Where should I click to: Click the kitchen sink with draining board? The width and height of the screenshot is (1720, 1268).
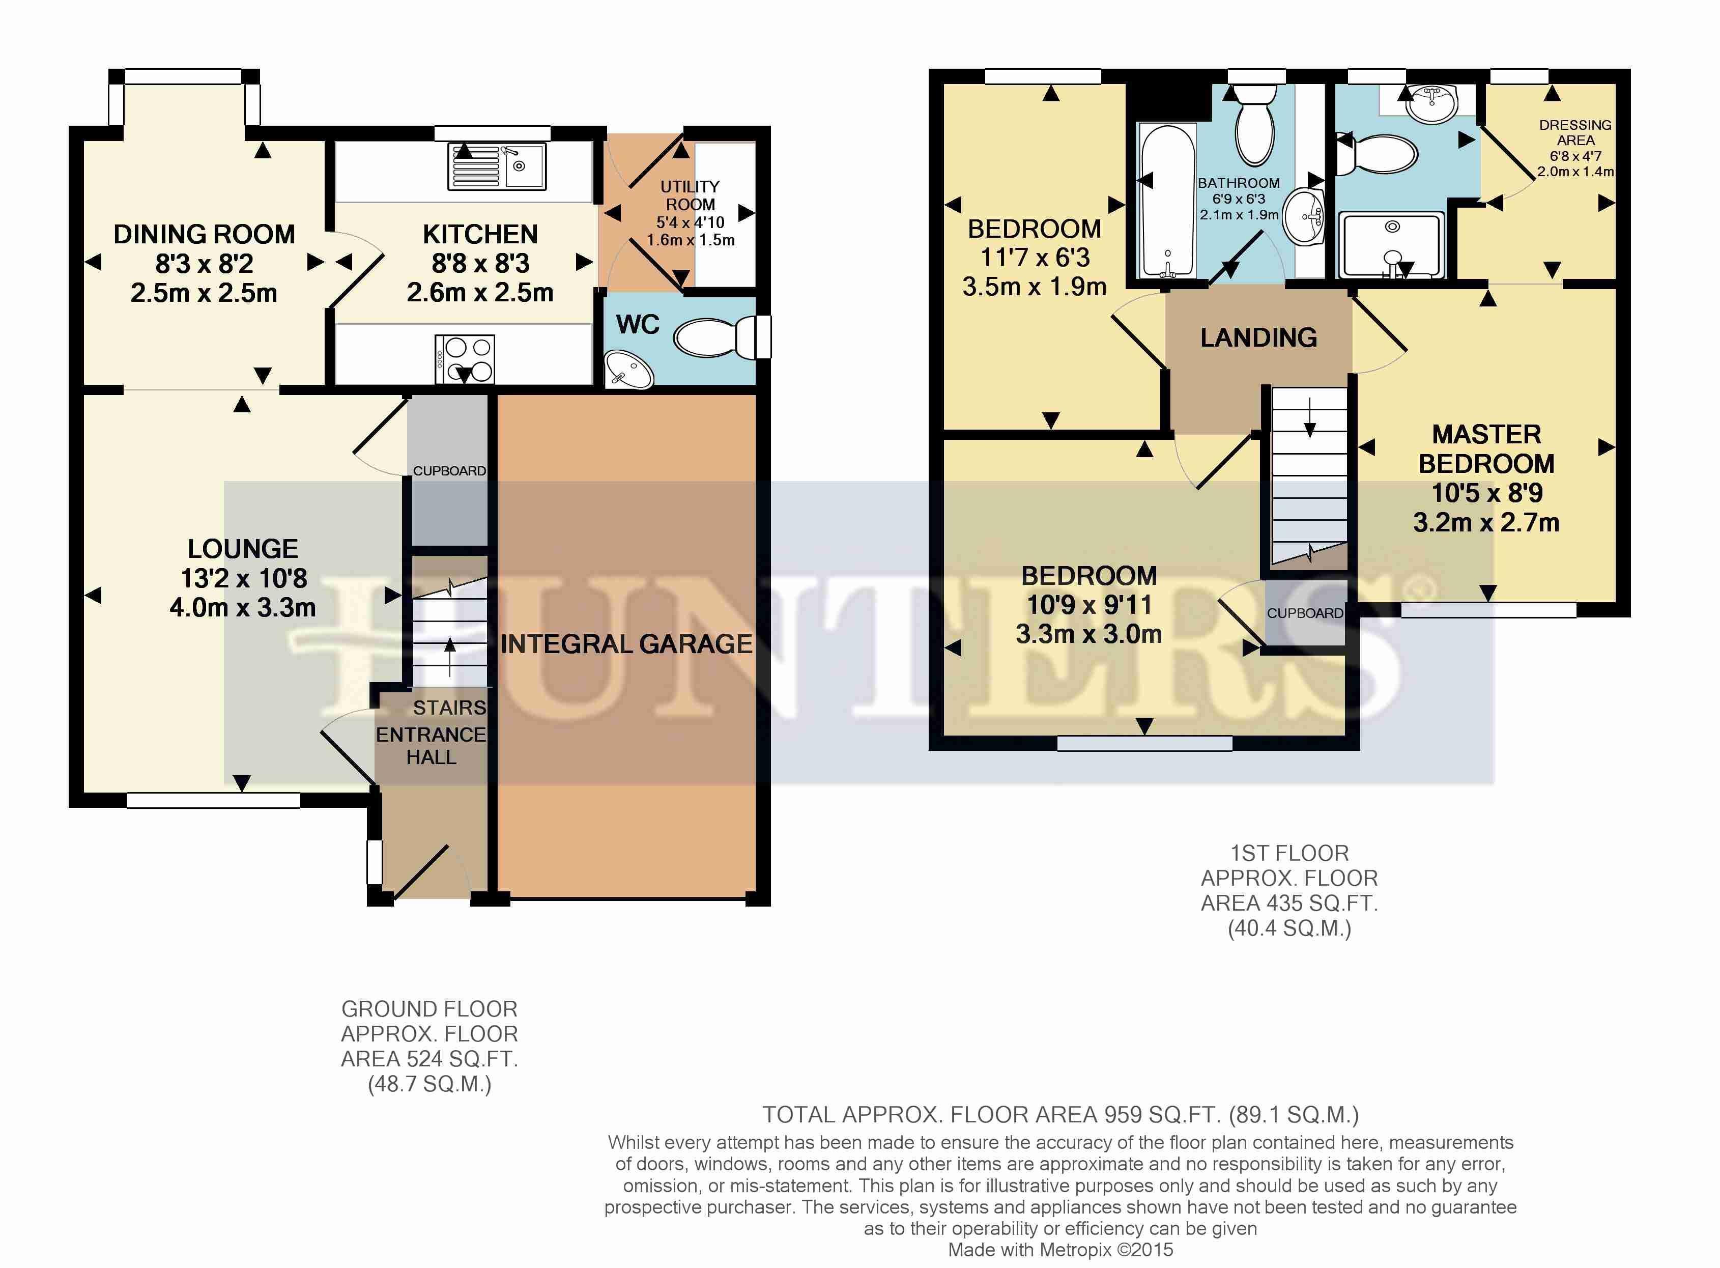[x=497, y=166]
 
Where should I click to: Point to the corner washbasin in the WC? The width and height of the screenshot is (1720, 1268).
[x=629, y=370]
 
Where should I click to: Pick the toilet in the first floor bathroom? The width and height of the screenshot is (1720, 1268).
[x=1255, y=125]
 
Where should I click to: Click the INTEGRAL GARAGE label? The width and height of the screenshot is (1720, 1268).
[x=626, y=643]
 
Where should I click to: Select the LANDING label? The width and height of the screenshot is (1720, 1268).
[x=1258, y=337]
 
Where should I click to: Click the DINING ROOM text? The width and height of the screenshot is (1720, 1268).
[x=204, y=234]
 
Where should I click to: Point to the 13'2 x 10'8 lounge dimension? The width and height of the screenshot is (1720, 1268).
[x=243, y=578]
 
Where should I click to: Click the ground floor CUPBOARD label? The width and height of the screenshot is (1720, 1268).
[x=449, y=470]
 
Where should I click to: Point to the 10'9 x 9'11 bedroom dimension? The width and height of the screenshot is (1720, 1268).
[x=1090, y=605]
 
